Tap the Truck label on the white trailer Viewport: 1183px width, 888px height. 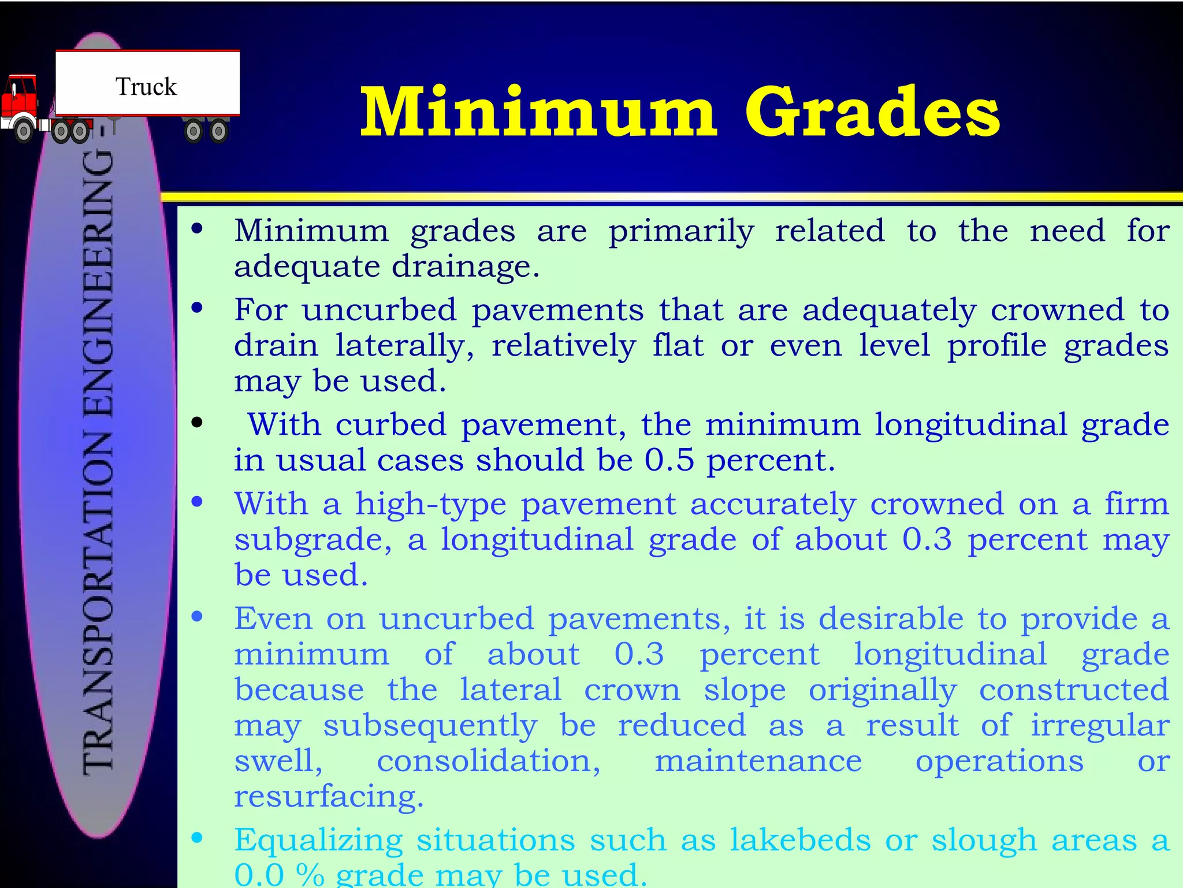click(x=146, y=87)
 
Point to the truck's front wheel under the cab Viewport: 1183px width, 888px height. click(x=24, y=131)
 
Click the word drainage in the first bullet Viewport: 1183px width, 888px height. click(x=465, y=267)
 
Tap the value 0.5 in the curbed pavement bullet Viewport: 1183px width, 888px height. click(x=669, y=461)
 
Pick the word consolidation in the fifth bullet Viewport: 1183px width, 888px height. click(x=489, y=761)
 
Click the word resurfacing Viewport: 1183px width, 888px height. click(x=329, y=797)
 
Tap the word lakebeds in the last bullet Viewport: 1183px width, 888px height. click(x=800, y=840)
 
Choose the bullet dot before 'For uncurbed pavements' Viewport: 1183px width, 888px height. click(x=198, y=308)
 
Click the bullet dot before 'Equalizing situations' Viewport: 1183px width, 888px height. click(x=198, y=837)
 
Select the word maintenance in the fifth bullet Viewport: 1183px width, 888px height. click(x=758, y=761)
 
